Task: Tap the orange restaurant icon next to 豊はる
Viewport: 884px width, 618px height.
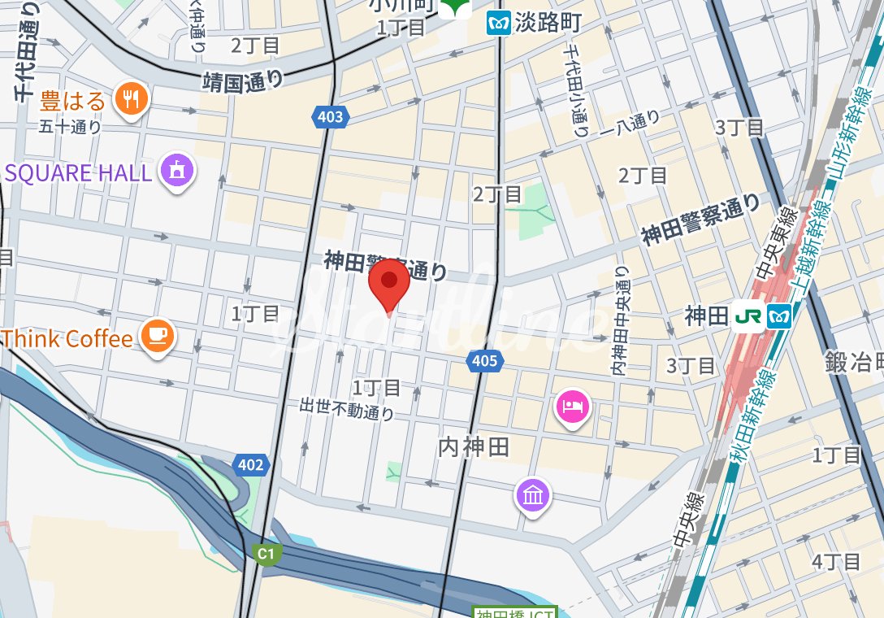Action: (x=130, y=100)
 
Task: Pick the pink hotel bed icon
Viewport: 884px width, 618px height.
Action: (x=573, y=404)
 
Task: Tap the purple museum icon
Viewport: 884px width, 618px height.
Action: (x=532, y=494)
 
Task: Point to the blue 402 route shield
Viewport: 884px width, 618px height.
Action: (x=250, y=465)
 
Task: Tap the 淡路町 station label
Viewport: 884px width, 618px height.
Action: (x=547, y=24)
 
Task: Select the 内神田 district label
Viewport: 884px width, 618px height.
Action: (x=474, y=446)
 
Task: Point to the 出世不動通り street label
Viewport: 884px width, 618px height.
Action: (x=347, y=408)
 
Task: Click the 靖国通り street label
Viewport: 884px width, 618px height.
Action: (x=243, y=81)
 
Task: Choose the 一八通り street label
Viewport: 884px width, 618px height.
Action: (x=630, y=123)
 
